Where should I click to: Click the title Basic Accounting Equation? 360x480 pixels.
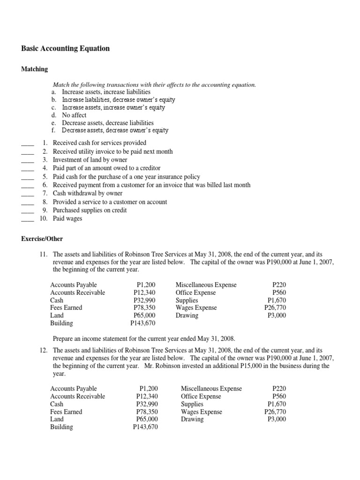pos(66,48)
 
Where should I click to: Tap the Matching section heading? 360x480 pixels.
pos(35,69)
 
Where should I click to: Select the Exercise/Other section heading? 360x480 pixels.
pos(42,239)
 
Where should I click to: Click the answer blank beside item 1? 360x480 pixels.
pos(28,143)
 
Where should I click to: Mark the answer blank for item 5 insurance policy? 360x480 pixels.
pos(28,177)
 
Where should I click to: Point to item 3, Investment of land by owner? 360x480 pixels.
pos(90,160)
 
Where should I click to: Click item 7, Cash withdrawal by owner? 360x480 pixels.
pos(88,193)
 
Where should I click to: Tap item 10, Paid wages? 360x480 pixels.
pos(67,218)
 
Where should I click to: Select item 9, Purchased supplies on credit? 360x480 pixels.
pos(90,210)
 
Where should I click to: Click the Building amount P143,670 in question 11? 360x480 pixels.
pos(143,323)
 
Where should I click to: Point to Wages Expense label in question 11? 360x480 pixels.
pos(196,308)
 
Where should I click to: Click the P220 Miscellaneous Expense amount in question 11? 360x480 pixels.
pos(279,285)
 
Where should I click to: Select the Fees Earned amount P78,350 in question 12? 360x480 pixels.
pos(147,412)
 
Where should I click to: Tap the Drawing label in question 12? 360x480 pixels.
pos(192,419)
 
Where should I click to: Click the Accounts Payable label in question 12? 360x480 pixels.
pos(74,389)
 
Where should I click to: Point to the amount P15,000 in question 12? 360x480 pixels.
pos(259,366)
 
